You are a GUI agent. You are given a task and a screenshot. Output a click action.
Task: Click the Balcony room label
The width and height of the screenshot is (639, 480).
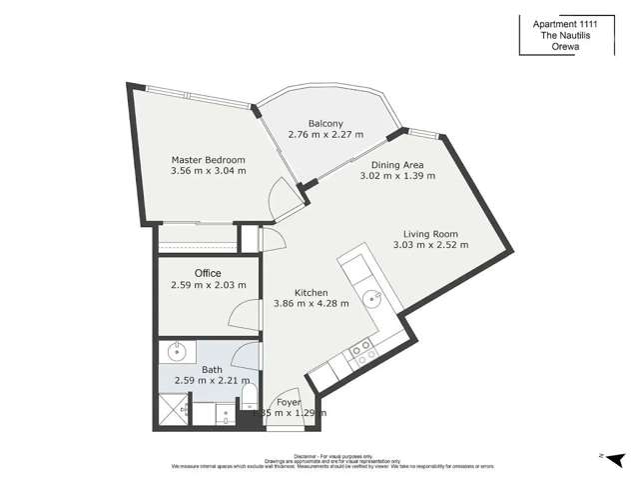tap(326, 124)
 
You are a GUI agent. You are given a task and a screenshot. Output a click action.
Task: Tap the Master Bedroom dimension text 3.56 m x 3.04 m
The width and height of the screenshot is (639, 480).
tap(208, 171)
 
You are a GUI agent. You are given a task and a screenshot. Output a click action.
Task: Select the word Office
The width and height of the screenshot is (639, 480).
tap(208, 273)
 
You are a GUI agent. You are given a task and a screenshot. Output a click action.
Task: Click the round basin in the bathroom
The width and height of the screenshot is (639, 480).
tap(178, 351)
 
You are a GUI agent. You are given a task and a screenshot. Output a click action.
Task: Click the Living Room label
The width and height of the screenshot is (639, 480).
tap(430, 230)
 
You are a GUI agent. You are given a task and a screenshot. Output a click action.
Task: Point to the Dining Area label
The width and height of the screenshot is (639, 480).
tap(397, 165)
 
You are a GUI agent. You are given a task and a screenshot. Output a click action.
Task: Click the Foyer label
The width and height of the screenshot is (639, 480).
tap(289, 402)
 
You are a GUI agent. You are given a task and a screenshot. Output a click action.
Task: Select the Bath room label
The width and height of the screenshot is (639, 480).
tap(212, 369)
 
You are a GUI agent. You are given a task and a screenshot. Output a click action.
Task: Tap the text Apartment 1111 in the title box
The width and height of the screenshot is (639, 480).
tap(576, 21)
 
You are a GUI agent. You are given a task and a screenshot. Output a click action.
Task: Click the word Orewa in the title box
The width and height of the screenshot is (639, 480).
tap(576, 47)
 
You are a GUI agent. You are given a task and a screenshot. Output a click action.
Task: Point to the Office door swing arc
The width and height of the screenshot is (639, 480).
tap(242, 315)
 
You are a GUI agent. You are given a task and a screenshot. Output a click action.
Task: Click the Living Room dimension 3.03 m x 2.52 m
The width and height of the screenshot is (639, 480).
tap(430, 244)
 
